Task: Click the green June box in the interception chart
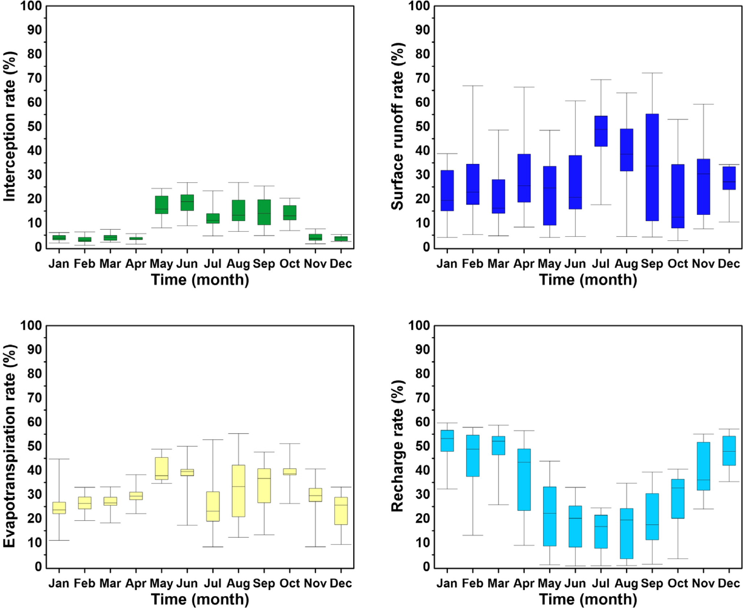[187, 203]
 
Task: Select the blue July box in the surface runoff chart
[601, 131]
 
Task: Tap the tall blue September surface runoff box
[652, 167]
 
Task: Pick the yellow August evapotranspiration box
[238, 491]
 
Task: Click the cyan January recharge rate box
[447, 441]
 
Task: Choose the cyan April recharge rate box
[524, 480]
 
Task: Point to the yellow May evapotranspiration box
[162, 468]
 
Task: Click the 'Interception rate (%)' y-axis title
[10, 126]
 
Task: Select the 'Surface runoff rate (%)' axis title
[398, 126]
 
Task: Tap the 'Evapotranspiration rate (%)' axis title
[10, 446]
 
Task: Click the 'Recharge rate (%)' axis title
[398, 446]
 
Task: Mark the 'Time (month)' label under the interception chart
[200, 280]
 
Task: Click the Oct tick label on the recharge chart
[678, 583]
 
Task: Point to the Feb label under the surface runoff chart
[473, 264]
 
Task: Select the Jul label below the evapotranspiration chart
[213, 583]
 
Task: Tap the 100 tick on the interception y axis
[31, 6]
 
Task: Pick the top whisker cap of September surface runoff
[652, 73]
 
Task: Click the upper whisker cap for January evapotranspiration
[59, 459]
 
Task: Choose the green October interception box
[290, 213]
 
